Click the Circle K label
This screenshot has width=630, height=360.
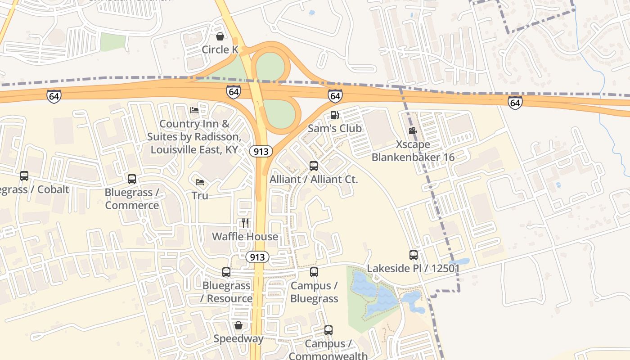(x=220, y=49)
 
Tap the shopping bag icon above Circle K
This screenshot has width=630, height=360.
(x=220, y=36)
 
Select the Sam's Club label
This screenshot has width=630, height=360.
(x=334, y=128)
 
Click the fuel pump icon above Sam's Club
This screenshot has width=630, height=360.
(x=334, y=115)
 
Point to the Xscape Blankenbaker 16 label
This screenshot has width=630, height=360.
(x=413, y=151)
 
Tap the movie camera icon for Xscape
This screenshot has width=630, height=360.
(x=413, y=131)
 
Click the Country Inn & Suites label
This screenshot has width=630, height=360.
(x=194, y=136)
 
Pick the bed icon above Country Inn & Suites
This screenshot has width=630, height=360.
(x=194, y=110)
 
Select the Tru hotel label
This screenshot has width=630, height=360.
(x=200, y=196)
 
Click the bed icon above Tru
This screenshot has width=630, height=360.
(x=200, y=182)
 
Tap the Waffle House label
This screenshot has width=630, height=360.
(x=245, y=236)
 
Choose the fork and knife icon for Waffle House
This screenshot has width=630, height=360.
(x=245, y=223)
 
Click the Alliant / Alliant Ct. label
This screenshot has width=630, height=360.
(x=314, y=179)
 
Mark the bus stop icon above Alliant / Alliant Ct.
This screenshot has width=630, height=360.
(x=314, y=166)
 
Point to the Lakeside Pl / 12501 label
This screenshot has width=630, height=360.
(x=413, y=269)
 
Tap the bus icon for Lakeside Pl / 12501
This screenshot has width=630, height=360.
(x=414, y=255)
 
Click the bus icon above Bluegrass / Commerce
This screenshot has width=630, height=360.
(x=132, y=179)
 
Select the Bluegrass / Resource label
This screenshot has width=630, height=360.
(x=226, y=292)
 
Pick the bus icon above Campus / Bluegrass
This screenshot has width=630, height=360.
(x=314, y=272)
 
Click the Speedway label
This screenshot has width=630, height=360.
(x=238, y=338)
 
